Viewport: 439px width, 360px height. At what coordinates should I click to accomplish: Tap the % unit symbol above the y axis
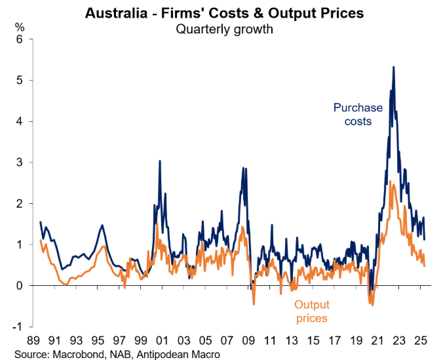[20, 28]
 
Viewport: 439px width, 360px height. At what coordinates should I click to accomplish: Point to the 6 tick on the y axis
[20, 39]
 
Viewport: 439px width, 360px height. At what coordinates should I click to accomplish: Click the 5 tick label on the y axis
[20, 81]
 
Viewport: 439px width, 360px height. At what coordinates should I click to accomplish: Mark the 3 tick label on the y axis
[20, 163]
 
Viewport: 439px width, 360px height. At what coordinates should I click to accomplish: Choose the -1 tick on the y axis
[18, 327]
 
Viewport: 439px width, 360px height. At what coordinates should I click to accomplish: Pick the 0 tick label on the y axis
[20, 285]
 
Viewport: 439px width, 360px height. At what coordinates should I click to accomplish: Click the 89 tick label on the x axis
[34, 342]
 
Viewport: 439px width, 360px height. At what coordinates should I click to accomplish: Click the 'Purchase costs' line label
[353, 115]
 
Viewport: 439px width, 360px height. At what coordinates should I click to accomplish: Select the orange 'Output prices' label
[311, 311]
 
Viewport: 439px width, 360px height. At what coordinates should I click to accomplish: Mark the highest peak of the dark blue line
[393, 67]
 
